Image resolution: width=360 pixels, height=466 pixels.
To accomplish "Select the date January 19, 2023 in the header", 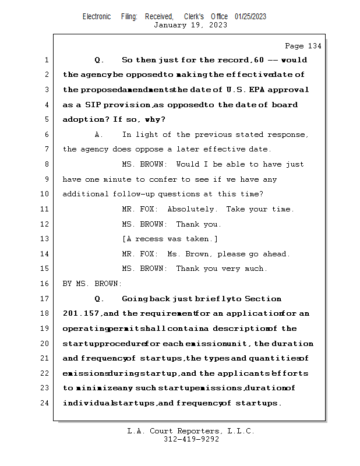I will [x=190, y=25].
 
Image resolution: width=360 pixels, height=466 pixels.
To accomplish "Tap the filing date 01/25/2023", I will [x=250, y=16].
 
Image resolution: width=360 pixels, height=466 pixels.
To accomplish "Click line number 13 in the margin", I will [x=46, y=239].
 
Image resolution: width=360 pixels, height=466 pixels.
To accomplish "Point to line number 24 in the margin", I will [x=46, y=403].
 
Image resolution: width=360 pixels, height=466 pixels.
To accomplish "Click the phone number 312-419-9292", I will [x=191, y=439].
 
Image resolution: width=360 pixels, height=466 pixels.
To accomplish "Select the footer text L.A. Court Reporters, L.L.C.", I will [x=191, y=431].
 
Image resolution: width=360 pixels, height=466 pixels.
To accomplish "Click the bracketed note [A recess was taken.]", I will [x=170, y=239].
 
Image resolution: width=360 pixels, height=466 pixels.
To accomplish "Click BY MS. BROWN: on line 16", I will [x=92, y=284].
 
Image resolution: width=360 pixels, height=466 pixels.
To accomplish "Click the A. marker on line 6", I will [x=98, y=135].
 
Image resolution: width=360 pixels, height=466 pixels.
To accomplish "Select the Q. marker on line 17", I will [x=98, y=299].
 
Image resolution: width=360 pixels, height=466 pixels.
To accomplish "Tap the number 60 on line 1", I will [x=259, y=60].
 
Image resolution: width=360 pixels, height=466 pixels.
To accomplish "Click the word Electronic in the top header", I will [x=97, y=16].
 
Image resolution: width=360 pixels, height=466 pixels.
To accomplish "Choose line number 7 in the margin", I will [x=46, y=149].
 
